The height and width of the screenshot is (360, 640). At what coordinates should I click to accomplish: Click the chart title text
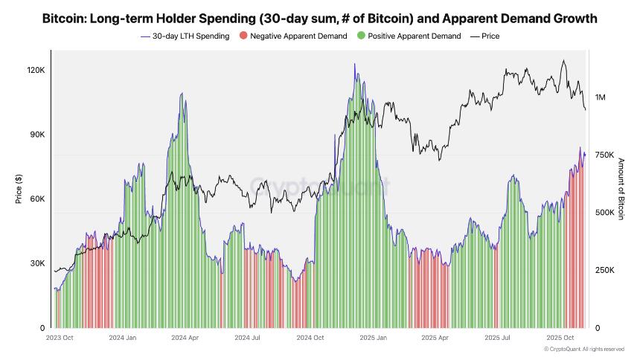(x=319, y=16)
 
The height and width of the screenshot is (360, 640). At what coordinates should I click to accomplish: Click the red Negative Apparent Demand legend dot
(x=244, y=36)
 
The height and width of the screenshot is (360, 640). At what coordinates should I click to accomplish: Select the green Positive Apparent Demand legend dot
(x=361, y=36)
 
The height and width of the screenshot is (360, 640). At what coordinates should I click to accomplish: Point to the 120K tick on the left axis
(x=36, y=70)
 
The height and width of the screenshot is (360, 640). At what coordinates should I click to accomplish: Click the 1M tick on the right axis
(x=601, y=97)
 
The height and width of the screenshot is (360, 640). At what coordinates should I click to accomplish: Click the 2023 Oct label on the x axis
(x=60, y=338)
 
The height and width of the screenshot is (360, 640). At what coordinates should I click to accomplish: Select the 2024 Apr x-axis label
(x=184, y=338)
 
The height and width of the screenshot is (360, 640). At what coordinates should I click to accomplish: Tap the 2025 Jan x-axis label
(x=372, y=338)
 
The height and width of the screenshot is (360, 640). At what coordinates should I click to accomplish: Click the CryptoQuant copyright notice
(x=583, y=349)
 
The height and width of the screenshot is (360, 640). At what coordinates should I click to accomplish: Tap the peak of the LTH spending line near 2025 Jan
(x=355, y=65)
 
